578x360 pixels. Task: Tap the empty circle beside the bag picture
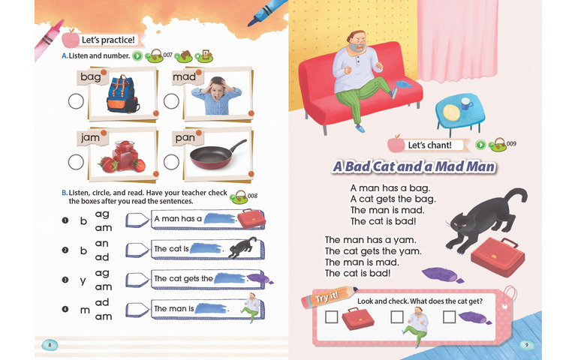point(76,101)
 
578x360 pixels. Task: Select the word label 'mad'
point(184,76)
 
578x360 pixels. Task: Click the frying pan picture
point(218,154)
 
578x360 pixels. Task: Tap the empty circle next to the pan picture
point(171,162)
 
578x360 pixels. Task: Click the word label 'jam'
point(90,138)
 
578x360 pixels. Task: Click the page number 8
point(50,345)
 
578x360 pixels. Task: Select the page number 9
point(527,345)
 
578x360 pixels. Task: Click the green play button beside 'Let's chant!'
point(480,145)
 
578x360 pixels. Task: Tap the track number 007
point(167,55)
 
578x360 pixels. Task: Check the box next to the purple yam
point(450,317)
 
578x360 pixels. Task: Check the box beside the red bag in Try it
point(331,317)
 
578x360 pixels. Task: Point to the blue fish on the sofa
point(403,85)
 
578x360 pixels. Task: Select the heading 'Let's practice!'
point(108,40)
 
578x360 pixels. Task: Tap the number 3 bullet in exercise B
point(65,280)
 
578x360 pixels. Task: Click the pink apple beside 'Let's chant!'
point(396,144)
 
